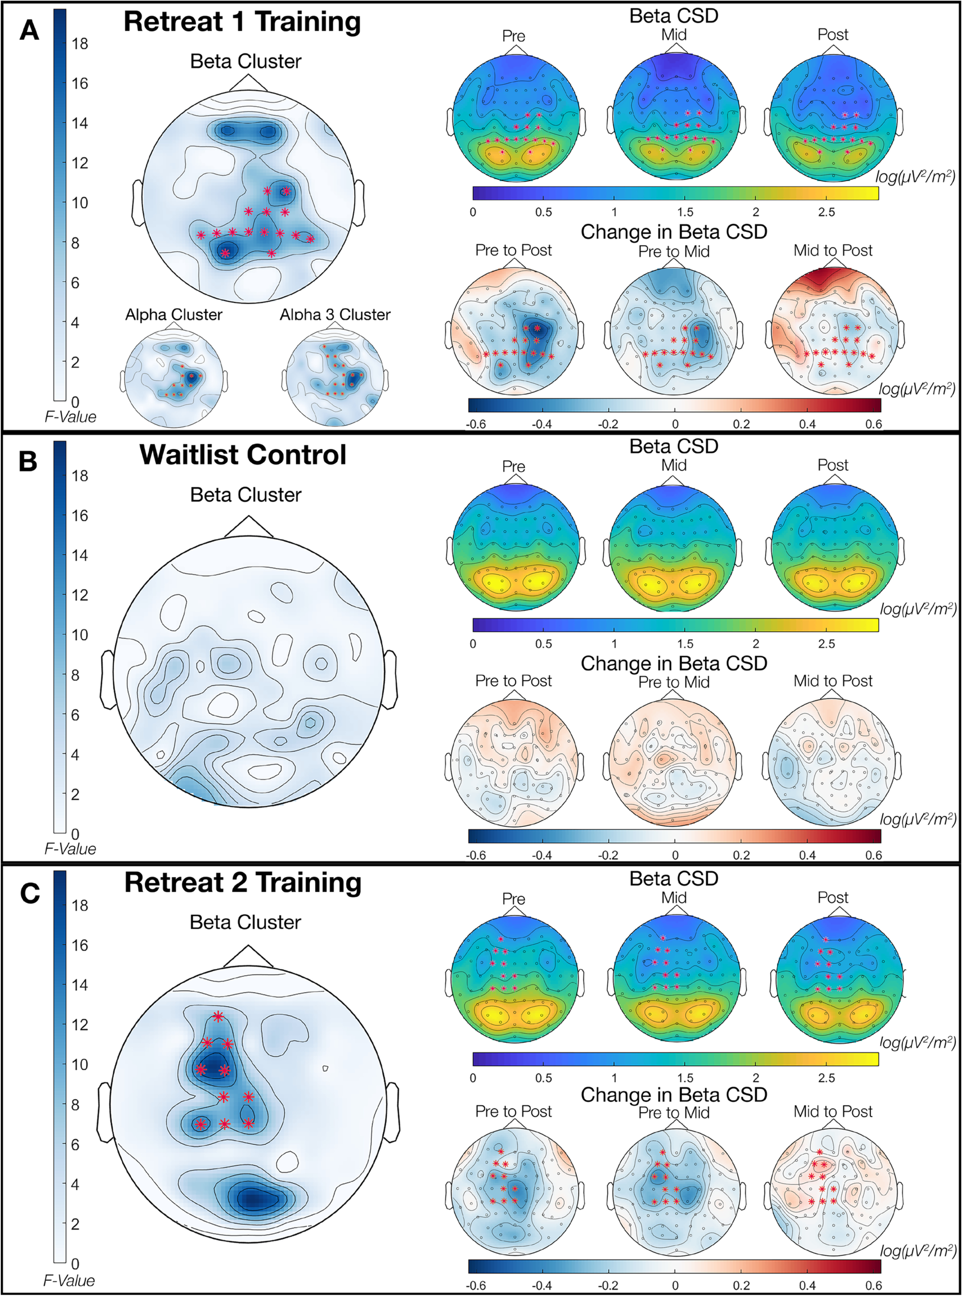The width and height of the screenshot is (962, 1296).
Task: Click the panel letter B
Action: (27, 461)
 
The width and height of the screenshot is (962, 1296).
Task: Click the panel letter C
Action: (29, 893)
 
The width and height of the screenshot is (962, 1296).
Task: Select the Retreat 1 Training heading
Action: (242, 22)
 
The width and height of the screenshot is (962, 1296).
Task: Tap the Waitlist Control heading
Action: (243, 455)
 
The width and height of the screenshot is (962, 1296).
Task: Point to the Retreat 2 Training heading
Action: (243, 883)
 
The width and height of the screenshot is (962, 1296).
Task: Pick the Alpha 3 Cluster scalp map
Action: (335, 377)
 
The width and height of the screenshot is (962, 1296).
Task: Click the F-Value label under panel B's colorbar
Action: (70, 849)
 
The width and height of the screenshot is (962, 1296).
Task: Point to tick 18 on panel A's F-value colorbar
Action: (80, 44)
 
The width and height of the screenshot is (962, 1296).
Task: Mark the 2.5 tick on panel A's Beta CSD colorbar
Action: (826, 212)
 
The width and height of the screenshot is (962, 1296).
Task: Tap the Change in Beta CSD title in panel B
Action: (674, 664)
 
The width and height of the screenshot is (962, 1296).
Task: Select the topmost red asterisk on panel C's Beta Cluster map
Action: (218, 1016)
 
